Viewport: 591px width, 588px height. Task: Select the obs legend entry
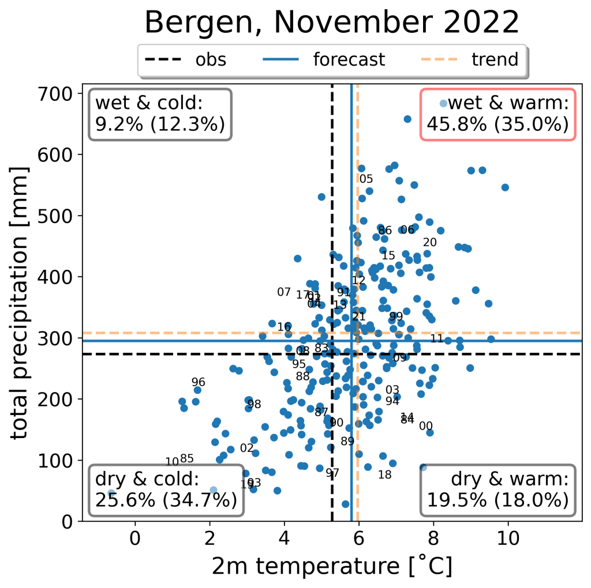click(x=185, y=60)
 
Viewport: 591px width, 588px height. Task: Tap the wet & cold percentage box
click(x=160, y=114)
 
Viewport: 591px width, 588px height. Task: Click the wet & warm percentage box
click(x=498, y=114)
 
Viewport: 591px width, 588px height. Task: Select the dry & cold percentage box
click(x=166, y=490)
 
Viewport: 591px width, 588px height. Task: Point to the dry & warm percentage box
click(x=498, y=490)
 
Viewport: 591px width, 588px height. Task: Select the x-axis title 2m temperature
click(x=331, y=567)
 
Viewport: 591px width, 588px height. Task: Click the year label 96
click(x=199, y=382)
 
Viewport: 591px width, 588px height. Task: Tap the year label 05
click(x=366, y=179)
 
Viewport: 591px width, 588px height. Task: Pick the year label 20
click(x=429, y=242)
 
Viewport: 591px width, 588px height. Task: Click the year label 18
click(x=384, y=474)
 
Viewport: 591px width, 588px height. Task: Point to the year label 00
click(x=425, y=426)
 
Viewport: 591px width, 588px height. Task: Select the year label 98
click(x=254, y=404)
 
